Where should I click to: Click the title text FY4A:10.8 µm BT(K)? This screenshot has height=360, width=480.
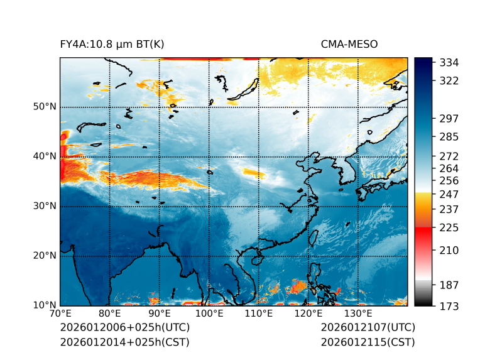tap(112, 44)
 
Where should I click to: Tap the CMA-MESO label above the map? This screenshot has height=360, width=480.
tap(349, 44)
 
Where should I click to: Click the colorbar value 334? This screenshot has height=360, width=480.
tap(449, 63)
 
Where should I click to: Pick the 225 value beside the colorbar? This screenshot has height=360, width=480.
tap(449, 227)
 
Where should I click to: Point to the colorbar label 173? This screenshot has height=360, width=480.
tap(449, 306)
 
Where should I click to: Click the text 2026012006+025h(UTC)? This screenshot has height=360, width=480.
tap(124, 328)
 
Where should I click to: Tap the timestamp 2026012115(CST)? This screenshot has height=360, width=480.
tap(368, 342)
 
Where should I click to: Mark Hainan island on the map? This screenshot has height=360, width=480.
tap(256, 259)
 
